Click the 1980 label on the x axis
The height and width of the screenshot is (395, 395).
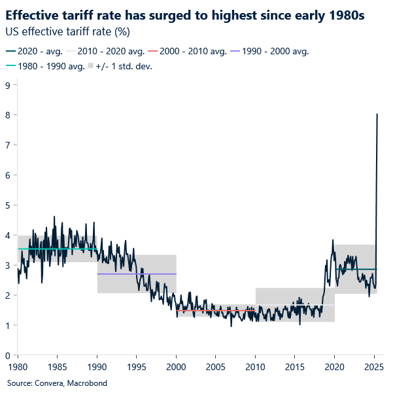(x=18, y=366)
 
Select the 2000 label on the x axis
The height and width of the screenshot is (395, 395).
(x=177, y=366)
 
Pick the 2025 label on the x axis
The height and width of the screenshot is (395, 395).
(x=374, y=366)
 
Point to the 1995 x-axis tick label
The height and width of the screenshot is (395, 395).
(x=137, y=366)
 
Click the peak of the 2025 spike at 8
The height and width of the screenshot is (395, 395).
(x=377, y=114)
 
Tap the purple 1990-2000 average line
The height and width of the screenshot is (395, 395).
(x=137, y=273)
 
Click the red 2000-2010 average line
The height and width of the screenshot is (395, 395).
(x=216, y=310)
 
